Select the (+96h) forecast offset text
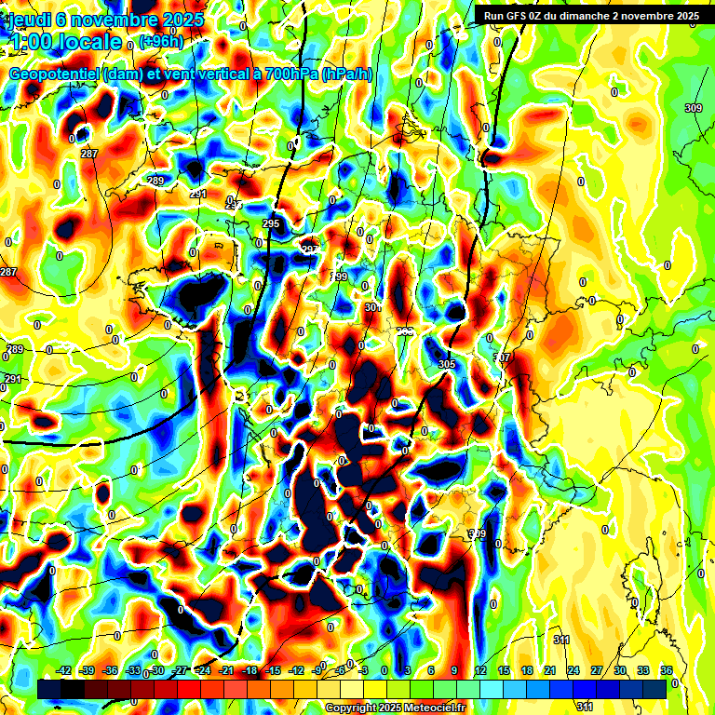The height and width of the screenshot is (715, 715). point(161,41)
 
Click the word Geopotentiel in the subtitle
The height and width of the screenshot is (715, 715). point(54,74)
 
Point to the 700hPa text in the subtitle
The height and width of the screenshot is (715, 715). point(287,74)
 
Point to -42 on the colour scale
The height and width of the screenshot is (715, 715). point(64,670)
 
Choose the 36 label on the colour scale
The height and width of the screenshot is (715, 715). point(667,670)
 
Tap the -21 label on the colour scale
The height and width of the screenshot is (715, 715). point(226,670)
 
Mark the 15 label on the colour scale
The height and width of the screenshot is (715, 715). point(504,670)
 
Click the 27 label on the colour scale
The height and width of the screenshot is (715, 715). point(597,670)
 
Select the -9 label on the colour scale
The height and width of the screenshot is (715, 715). point(318,670)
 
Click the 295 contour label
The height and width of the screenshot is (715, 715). point(271,224)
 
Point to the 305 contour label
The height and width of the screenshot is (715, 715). point(446,364)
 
